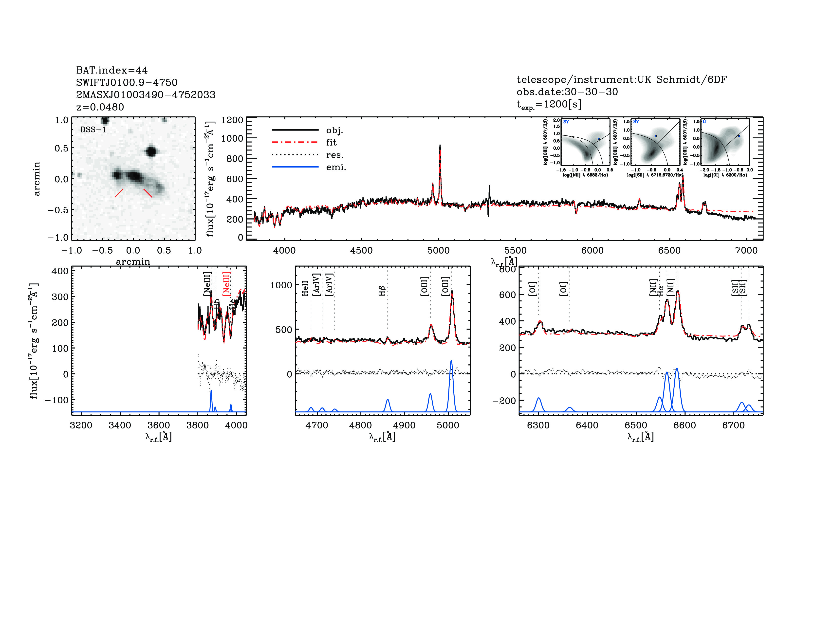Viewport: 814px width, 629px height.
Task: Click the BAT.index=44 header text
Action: pos(111,71)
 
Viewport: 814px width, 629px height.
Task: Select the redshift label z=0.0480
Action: pos(100,107)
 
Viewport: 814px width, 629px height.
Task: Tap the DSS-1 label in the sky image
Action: pos(93,130)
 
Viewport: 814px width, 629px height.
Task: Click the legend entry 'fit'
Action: pos(331,143)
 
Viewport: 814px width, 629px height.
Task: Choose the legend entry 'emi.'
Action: pos(336,167)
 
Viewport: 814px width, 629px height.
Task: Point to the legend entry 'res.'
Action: pos(334,155)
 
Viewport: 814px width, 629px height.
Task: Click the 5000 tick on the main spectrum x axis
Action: pos(438,250)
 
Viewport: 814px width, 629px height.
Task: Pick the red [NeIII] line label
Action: pos(226,284)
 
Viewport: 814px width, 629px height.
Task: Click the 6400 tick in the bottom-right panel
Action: pos(587,425)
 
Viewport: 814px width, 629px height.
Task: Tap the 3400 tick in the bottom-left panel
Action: pos(120,425)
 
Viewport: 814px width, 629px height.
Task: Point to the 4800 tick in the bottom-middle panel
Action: pos(360,425)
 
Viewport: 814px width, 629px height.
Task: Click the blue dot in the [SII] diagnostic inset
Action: pos(656,136)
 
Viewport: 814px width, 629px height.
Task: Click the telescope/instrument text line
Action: pos(621,80)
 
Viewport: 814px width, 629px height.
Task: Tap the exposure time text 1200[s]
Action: pos(562,104)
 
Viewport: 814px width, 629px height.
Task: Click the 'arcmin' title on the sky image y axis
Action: pos(37,179)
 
